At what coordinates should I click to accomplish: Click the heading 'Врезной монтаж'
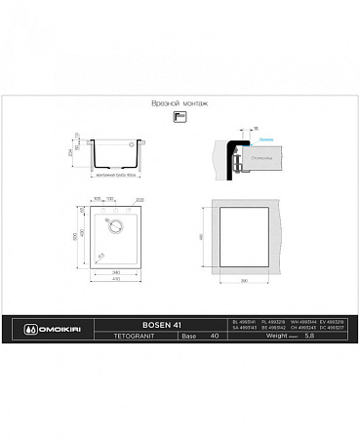pyautogui.click(x=180, y=101)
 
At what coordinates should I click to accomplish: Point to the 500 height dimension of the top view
pyautogui.click(x=85, y=237)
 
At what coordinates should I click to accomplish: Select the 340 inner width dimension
pyautogui.click(x=116, y=271)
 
